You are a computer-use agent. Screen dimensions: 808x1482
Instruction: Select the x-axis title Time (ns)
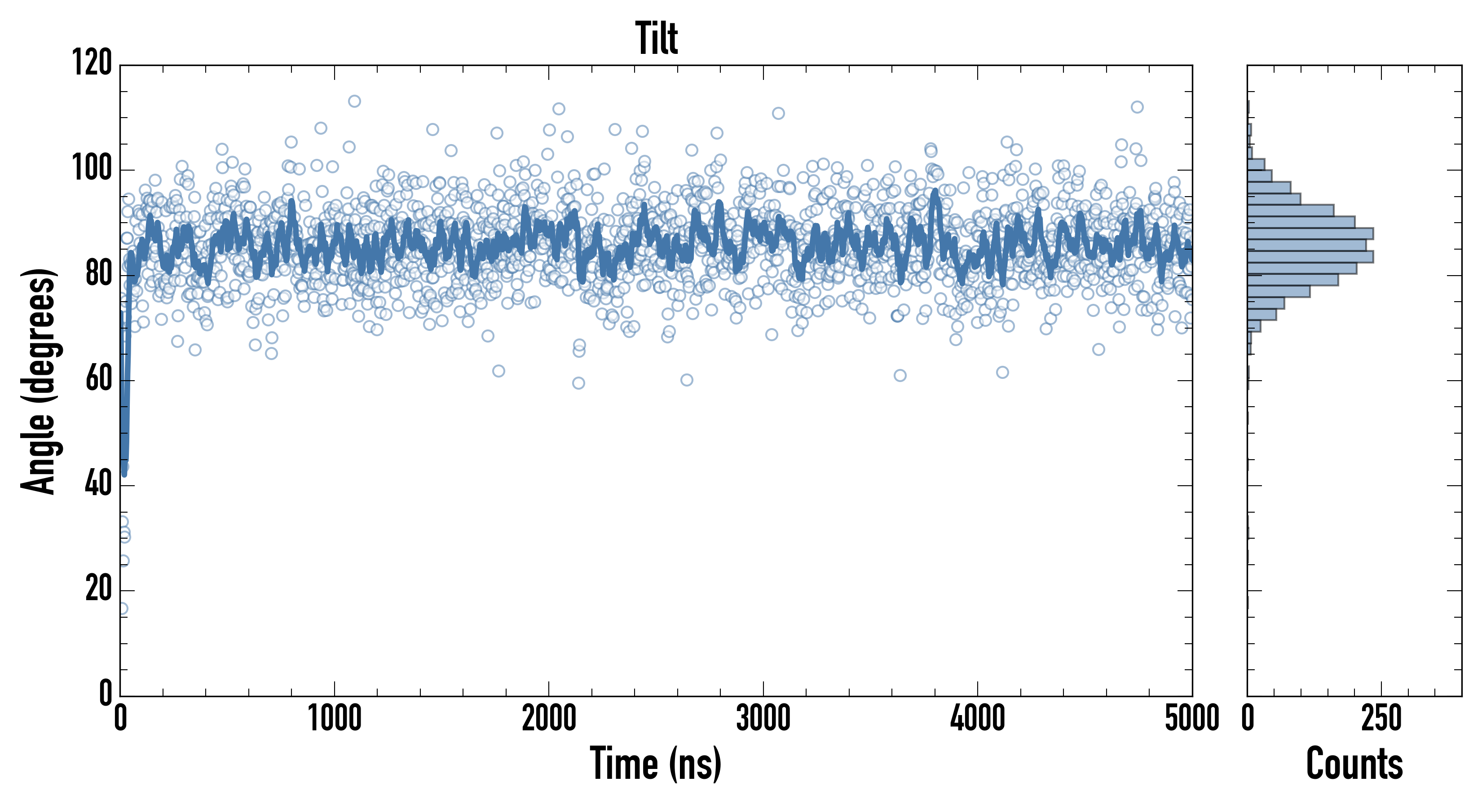tap(655, 763)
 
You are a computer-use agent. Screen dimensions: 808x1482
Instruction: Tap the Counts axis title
tap(1354, 763)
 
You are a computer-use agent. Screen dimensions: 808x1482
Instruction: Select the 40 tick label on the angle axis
tap(98, 484)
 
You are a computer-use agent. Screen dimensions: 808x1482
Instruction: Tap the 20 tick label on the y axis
tap(98, 589)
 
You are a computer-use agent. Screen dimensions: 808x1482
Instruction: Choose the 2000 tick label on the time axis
tap(549, 718)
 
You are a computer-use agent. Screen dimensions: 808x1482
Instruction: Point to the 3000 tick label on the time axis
tap(763, 718)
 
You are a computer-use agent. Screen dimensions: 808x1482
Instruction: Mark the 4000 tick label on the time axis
tap(978, 718)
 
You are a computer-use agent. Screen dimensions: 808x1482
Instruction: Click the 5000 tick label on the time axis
tap(1192, 718)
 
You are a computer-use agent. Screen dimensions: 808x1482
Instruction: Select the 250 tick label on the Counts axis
tap(1381, 718)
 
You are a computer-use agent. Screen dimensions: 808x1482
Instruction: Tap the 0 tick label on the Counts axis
tap(1248, 718)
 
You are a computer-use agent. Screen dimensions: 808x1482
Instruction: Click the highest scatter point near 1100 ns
tap(354, 101)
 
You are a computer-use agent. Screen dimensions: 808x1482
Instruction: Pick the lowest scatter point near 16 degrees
tap(122, 608)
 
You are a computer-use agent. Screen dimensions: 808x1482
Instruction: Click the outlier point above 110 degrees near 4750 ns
tap(1137, 107)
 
